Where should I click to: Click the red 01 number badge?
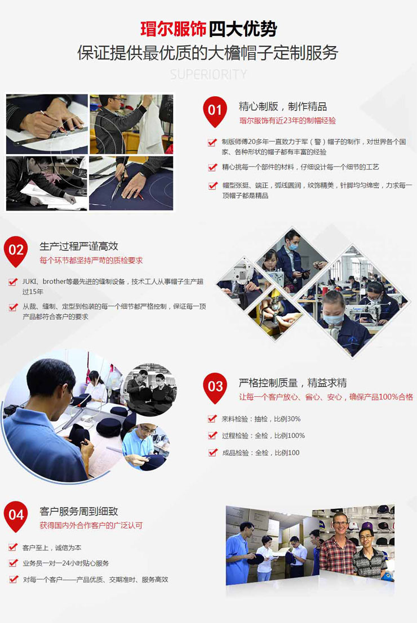(215, 111)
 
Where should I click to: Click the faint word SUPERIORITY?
(208, 74)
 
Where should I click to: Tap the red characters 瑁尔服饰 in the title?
(174, 29)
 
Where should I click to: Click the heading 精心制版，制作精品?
(282, 106)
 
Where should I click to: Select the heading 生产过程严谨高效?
(79, 246)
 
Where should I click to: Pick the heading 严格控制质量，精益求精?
(292, 383)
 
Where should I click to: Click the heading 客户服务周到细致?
(79, 512)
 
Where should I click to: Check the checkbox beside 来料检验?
(212, 418)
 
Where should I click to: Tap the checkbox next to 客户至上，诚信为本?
(13, 548)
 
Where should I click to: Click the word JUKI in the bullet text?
(29, 282)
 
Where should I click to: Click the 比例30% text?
(287, 419)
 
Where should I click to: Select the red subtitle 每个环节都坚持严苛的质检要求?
(91, 261)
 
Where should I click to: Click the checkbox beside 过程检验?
(212, 436)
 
